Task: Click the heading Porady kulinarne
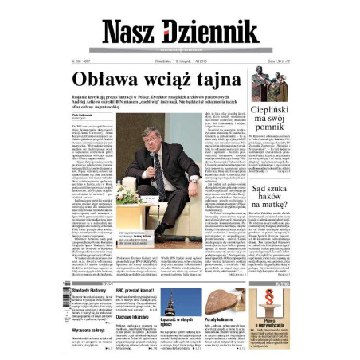221,320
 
